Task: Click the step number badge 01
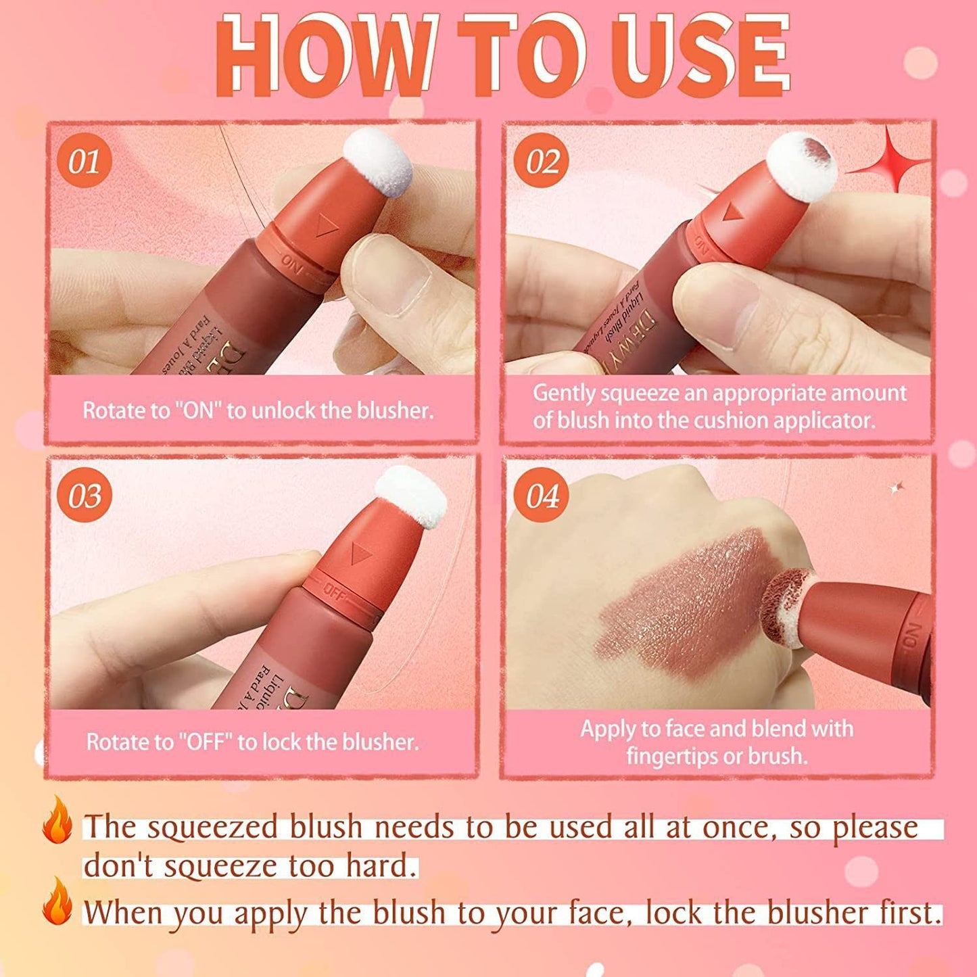pyautogui.click(x=85, y=162)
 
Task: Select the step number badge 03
pyautogui.click(x=85, y=496)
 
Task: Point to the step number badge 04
pyautogui.click(x=542, y=496)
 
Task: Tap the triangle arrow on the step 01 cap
pyautogui.click(x=327, y=229)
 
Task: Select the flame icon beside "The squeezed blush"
pyautogui.click(x=57, y=819)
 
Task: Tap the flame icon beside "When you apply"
pyautogui.click(x=57, y=903)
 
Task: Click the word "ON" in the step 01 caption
pyautogui.click(x=198, y=410)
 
